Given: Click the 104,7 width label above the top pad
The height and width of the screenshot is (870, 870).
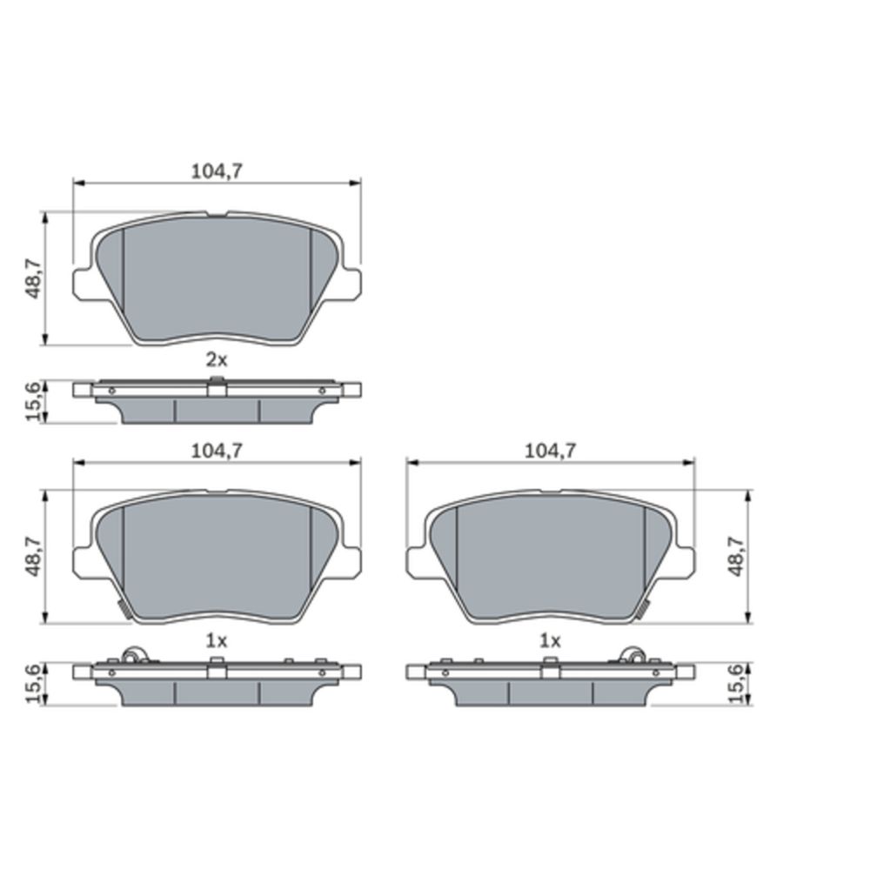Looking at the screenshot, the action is click(217, 171).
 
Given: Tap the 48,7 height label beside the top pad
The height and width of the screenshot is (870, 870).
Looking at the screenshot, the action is click(34, 278).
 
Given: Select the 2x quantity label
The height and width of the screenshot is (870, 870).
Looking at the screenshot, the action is click(217, 361).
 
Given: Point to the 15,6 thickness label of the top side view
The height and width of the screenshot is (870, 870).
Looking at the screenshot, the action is click(34, 401).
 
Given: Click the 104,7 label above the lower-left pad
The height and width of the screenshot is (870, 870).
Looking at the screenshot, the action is click(217, 451).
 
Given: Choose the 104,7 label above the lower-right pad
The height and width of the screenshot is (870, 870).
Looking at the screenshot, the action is click(551, 451).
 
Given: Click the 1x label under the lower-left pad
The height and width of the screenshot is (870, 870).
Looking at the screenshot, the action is click(217, 641).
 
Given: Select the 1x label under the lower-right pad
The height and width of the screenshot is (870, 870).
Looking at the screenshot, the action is click(550, 641).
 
